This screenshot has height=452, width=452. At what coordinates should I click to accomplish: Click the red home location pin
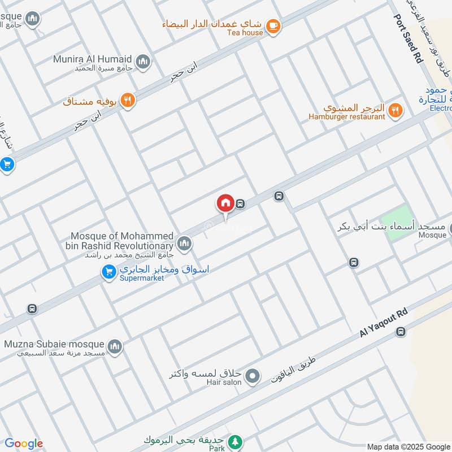point(225,203)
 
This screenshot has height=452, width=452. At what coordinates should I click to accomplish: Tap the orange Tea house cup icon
point(273,25)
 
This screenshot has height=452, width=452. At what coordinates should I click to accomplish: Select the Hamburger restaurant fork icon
point(396,110)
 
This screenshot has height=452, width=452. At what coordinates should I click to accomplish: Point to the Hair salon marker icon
point(253,375)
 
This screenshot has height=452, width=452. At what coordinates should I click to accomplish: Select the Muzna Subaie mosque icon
point(115,346)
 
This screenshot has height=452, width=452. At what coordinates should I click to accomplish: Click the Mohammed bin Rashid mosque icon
point(184,244)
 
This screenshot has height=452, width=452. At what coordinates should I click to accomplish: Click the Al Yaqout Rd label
point(384,323)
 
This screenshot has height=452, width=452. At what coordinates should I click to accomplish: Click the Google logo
point(24,444)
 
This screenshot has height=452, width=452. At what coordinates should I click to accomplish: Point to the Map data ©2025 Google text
point(408,446)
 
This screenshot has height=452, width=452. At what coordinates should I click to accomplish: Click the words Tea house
point(245,33)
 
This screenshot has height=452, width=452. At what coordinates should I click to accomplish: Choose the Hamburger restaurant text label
point(346,117)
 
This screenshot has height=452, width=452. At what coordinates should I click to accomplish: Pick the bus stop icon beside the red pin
point(241,204)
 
